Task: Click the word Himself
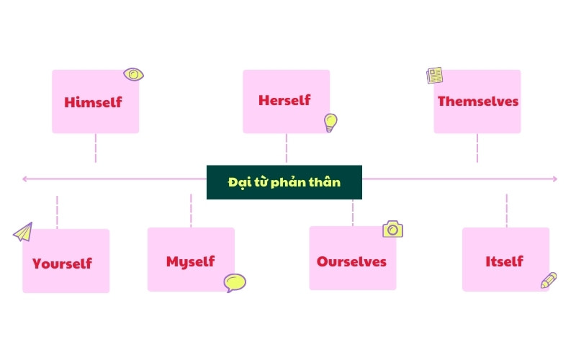pos(94,102)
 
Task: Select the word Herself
pos(284,100)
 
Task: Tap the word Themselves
pos(477,102)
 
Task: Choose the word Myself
pos(190,261)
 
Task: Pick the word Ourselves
pos(351,261)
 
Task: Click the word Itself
pos(504,261)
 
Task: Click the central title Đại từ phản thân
pos(284,182)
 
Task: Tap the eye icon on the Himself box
pos(133,73)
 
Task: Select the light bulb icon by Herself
pos(330,122)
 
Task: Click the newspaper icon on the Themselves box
pos(434,75)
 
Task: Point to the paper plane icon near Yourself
pos(23,232)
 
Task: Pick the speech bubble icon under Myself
pos(235,282)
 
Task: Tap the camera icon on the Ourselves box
pos(392,229)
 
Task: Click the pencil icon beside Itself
pos(549,280)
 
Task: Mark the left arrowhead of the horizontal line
pos(25,179)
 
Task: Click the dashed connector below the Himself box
pos(95,148)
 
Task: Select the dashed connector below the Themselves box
pos(477,148)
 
